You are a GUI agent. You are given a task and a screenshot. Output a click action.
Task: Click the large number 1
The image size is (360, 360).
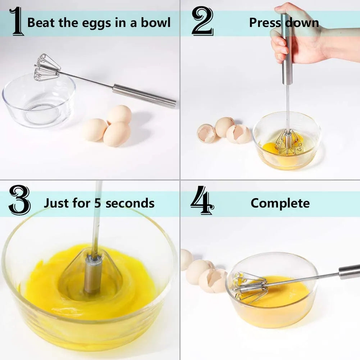tap(17, 22)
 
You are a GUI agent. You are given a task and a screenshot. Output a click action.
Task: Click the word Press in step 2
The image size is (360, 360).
tap(265, 23)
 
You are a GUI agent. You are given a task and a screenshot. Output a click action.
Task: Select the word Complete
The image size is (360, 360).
tap(280, 203)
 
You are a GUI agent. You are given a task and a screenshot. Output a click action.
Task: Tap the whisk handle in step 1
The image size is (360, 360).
tap(144, 95)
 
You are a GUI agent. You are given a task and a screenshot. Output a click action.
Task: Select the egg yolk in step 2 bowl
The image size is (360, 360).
tap(270, 147)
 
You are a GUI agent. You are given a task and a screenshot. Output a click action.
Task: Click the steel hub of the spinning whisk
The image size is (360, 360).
tap(93, 275)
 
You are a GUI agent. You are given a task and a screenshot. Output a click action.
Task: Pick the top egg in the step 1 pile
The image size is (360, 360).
tap(120, 114)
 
